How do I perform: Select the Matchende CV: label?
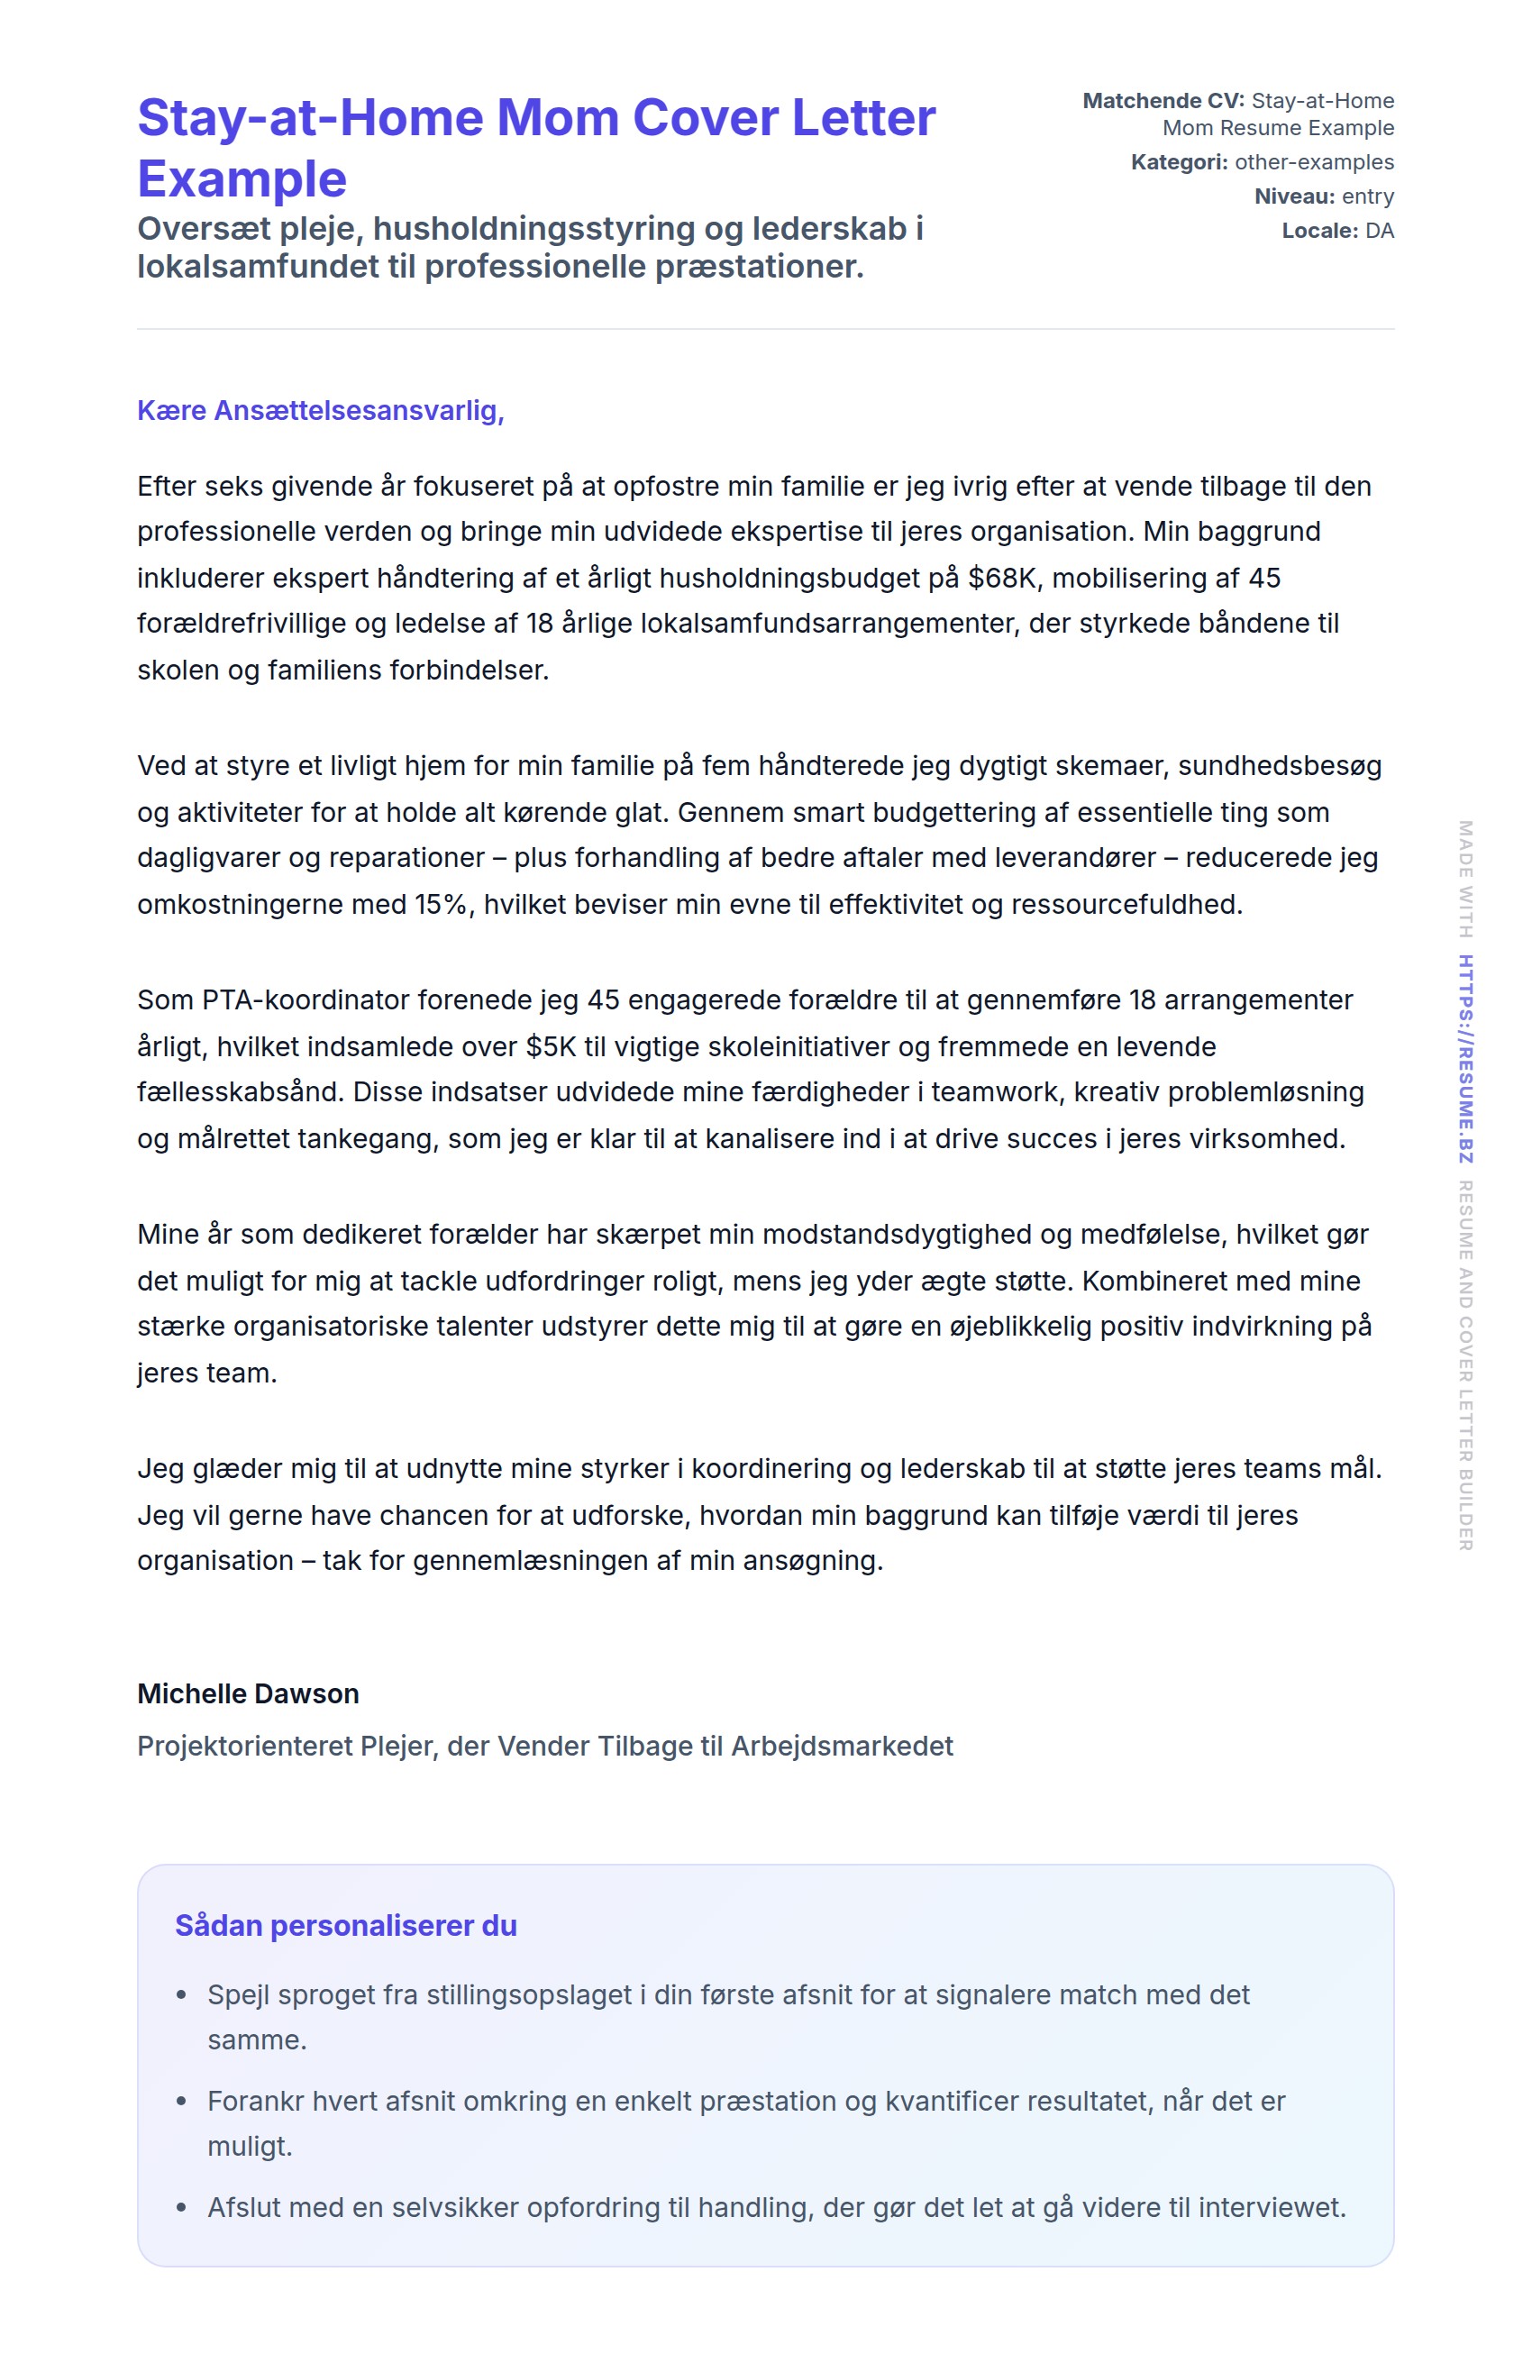coord(1163,101)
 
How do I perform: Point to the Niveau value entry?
coord(1367,196)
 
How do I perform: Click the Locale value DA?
coord(1379,232)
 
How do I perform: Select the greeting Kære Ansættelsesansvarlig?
coord(321,410)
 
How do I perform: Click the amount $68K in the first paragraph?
coord(1003,579)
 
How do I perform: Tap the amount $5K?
coord(551,1047)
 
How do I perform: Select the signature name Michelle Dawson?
coord(247,1694)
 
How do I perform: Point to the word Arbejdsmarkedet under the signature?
coord(842,1747)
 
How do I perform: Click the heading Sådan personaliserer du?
coord(345,1927)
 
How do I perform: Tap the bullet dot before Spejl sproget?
coord(181,1996)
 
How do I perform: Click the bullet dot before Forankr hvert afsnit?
coord(181,2102)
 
